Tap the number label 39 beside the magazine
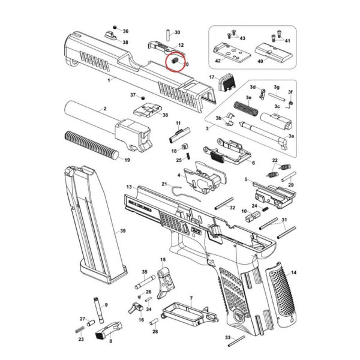[122, 230]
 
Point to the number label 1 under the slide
[109, 79]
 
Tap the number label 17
[211, 78]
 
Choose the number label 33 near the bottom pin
[227, 338]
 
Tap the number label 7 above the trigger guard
[191, 298]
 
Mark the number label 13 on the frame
[128, 188]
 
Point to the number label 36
[125, 31]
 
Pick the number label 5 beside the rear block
[246, 179]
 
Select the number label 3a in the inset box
[292, 137]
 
